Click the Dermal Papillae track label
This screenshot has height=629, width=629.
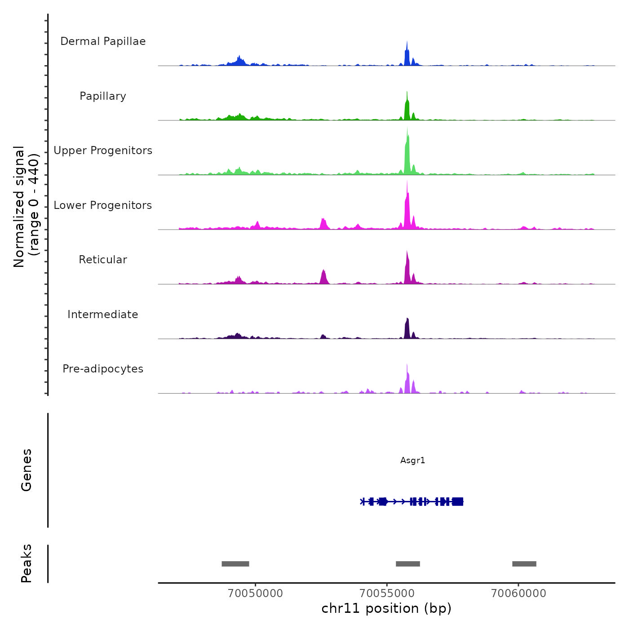(x=103, y=41)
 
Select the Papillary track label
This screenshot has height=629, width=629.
(x=103, y=96)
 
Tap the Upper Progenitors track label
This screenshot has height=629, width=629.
(x=103, y=151)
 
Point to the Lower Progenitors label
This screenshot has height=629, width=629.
(x=103, y=205)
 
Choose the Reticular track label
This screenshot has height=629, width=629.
(x=103, y=260)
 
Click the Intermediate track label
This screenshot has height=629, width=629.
(x=103, y=314)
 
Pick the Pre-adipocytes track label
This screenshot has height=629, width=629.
(x=103, y=369)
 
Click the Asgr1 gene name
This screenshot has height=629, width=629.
(x=412, y=461)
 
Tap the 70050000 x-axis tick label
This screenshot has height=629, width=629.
(x=255, y=594)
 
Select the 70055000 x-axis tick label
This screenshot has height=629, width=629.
(x=387, y=594)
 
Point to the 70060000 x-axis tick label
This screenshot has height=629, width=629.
(x=518, y=594)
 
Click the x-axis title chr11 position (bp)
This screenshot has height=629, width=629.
(x=386, y=609)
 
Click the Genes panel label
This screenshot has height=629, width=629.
(x=27, y=470)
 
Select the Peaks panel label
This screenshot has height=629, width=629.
(x=27, y=563)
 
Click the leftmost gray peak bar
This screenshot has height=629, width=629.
(x=235, y=564)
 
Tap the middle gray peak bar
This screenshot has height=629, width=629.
(x=408, y=564)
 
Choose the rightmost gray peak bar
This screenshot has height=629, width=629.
(x=524, y=564)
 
